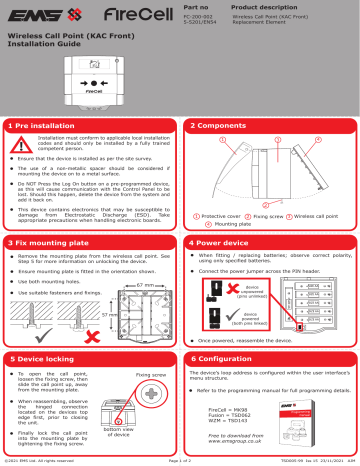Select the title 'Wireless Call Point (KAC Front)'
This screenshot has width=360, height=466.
[x=62, y=38]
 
